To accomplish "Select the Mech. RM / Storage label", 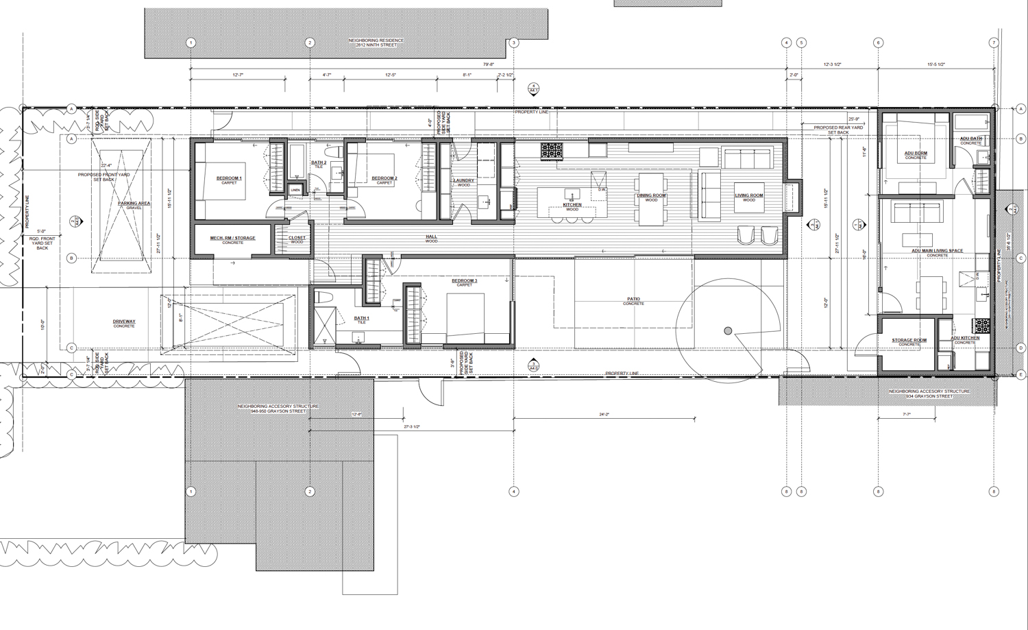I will [232, 239].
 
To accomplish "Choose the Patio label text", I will [633, 300].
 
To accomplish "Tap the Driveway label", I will [124, 323].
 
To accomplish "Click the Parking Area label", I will [134, 204].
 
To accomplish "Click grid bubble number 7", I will [994, 43].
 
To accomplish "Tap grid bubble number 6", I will [878, 43].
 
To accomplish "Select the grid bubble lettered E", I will [1021, 374].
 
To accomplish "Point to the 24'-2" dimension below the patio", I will [604, 415].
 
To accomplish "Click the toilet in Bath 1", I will [324, 298].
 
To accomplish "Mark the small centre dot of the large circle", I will [728, 332].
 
